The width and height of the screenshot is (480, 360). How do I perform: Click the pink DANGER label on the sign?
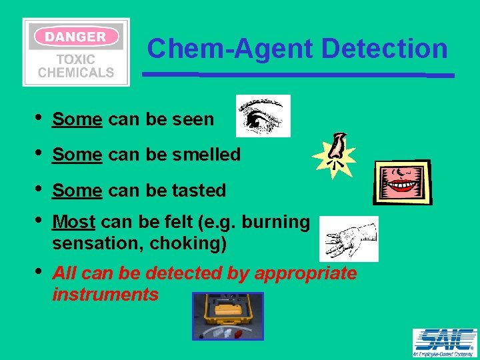75,37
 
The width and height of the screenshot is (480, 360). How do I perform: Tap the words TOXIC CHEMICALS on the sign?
75,66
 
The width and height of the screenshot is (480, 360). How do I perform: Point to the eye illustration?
263,115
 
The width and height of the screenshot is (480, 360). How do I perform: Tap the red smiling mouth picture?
403,182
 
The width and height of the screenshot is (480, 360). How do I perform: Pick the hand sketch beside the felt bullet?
349,239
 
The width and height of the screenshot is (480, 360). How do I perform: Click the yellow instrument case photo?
228,316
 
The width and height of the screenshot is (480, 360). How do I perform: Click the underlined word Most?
73,222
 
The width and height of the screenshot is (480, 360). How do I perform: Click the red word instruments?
105,295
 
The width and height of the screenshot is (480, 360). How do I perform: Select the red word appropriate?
305,274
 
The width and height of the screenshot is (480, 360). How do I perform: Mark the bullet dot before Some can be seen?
38,117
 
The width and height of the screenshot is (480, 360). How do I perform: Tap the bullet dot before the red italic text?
38,271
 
